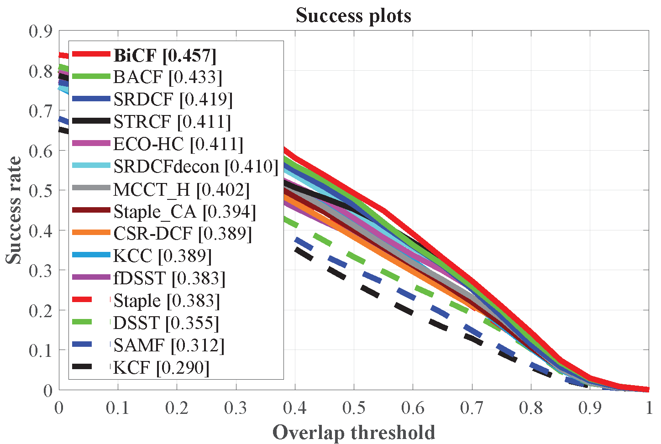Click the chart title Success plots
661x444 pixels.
[x=353, y=16]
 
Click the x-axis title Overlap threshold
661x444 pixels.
[x=353, y=432]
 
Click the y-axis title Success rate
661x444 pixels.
[x=14, y=210]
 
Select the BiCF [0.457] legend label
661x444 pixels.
[x=165, y=55]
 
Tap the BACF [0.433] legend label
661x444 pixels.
[x=168, y=77]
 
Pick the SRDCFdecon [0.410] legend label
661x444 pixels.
[x=196, y=167]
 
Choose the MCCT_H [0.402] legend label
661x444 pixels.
[x=181, y=189]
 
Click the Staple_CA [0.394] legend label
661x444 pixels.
[x=184, y=211]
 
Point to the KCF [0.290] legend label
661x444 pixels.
[x=161, y=368]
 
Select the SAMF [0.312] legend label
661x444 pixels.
[x=169, y=345]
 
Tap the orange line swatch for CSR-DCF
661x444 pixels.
[x=91, y=233]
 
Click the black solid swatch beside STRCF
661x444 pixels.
[x=91, y=121]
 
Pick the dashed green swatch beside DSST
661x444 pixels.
[x=91, y=323]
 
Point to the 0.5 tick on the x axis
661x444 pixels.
[x=354, y=407]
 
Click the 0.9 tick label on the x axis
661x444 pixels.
[x=590, y=407]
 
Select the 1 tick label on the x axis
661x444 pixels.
[x=649, y=407]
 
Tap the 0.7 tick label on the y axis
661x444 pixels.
[x=41, y=111]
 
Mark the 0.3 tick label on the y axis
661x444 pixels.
[x=41, y=270]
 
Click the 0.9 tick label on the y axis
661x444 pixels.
[x=41, y=31]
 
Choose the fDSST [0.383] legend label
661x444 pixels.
[x=169, y=278]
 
